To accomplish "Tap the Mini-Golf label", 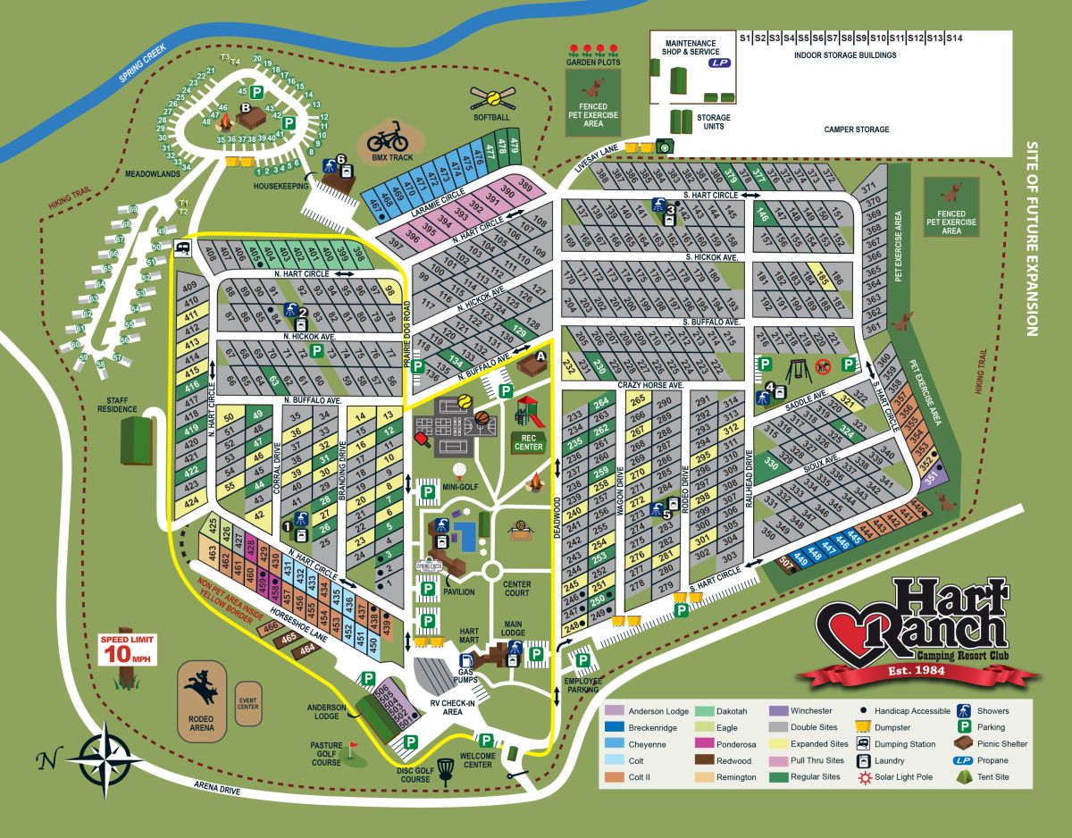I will [461, 486].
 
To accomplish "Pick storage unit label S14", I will [955, 38].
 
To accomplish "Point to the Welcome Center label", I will [479, 759].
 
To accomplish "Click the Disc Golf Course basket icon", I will [447, 777].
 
